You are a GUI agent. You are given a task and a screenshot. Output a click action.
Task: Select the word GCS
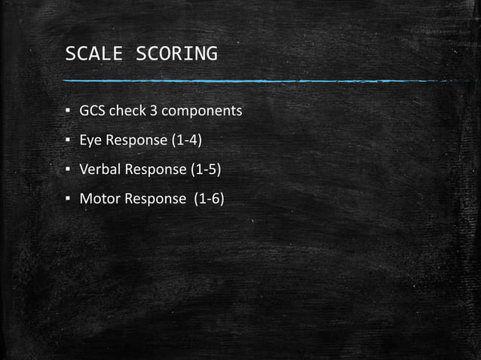point(93,111)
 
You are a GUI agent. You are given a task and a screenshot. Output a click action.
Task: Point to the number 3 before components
point(152,111)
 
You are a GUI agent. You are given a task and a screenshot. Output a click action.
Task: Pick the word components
point(201,111)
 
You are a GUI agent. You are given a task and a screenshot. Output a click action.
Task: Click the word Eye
point(90,141)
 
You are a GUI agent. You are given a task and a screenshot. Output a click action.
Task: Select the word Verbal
point(100,170)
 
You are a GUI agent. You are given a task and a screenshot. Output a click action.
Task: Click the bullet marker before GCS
point(68,112)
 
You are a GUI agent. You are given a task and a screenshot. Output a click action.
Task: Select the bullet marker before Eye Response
point(68,142)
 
